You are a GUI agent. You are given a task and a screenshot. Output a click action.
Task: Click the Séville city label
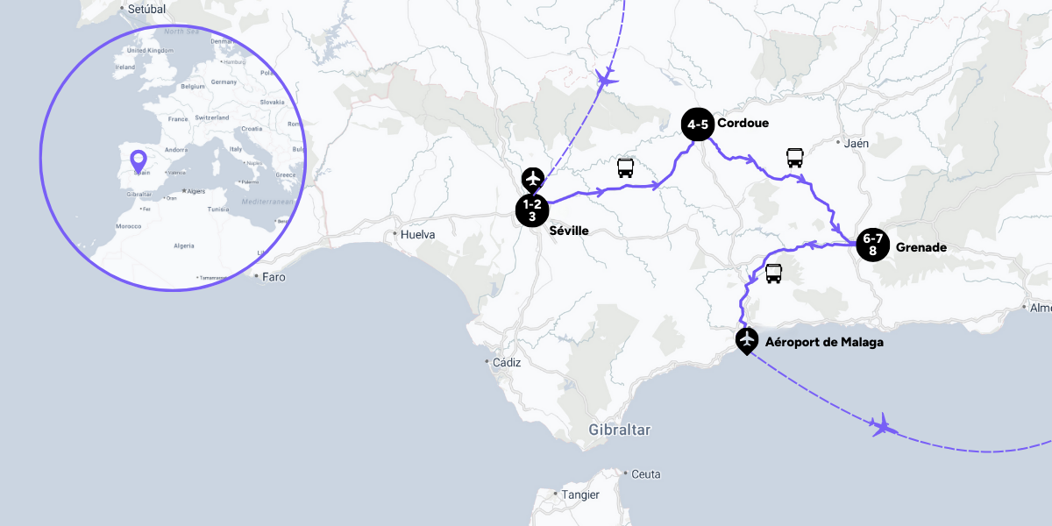[x=568, y=231]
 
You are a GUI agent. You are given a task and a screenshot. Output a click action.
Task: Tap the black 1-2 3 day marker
[x=532, y=210]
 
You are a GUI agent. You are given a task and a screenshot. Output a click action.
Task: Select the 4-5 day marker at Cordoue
[x=698, y=124]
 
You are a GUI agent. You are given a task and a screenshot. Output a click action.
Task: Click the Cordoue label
[x=743, y=123]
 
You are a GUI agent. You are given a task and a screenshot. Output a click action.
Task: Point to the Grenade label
[x=920, y=247]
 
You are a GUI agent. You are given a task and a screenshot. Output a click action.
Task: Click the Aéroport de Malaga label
[x=824, y=342]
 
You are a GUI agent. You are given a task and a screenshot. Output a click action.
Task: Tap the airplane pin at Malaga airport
[x=747, y=339]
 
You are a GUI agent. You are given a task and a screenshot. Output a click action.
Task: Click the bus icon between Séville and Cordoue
[x=626, y=168]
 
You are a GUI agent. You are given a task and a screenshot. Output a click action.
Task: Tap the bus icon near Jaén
[x=794, y=158]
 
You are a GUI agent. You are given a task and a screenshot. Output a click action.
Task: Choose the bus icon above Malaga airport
[x=773, y=274]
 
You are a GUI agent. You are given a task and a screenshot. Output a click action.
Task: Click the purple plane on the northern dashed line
[x=605, y=78]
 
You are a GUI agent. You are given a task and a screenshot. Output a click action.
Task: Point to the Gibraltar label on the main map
[x=620, y=430]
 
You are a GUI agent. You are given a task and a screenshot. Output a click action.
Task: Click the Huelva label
[x=417, y=235]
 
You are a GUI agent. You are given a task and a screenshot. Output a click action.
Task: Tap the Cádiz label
[x=507, y=362]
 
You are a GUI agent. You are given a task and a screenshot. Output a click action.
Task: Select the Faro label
[x=274, y=277]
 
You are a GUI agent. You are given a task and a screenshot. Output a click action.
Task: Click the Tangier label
[x=580, y=494]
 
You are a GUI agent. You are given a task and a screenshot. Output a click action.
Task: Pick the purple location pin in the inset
[x=138, y=161]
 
